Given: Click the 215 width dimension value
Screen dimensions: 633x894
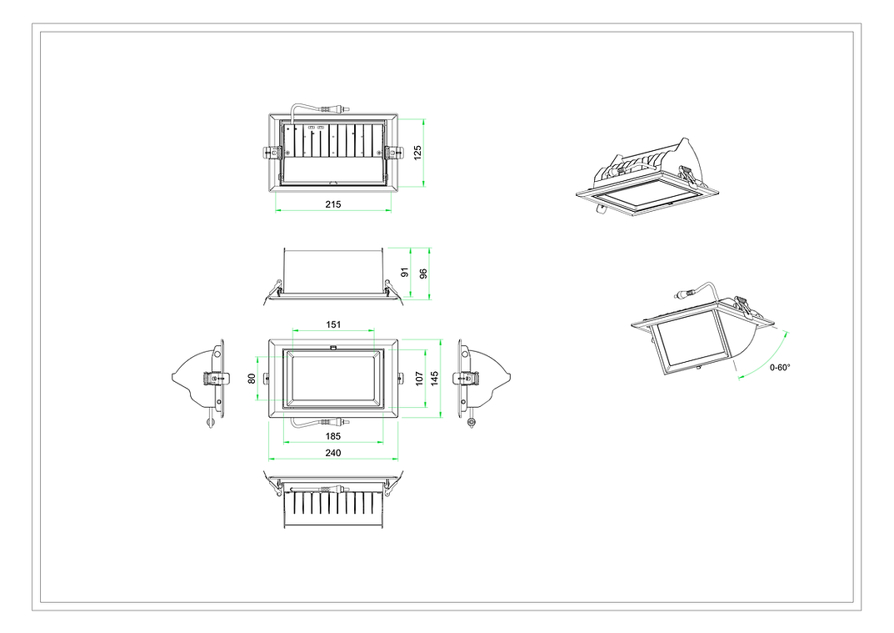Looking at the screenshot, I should (333, 204).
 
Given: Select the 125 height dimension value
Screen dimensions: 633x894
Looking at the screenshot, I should (417, 152).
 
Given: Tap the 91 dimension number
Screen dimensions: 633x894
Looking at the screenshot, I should (404, 272).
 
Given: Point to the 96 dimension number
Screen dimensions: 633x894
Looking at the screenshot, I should (422, 272).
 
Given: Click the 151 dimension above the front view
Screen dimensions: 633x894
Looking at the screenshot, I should (332, 324).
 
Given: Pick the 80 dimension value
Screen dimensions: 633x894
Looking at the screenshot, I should (252, 378).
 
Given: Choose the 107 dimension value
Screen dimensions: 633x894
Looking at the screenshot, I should (419, 378).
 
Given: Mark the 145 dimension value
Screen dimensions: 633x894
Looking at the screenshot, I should (433, 378).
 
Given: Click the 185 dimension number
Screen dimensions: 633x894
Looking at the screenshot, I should (332, 436).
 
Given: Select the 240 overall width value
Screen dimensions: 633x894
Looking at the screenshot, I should (332, 453).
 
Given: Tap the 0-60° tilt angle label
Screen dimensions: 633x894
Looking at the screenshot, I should (780, 367).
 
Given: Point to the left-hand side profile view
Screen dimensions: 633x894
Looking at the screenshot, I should (200, 379).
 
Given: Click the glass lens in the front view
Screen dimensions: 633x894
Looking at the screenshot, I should (332, 379).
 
